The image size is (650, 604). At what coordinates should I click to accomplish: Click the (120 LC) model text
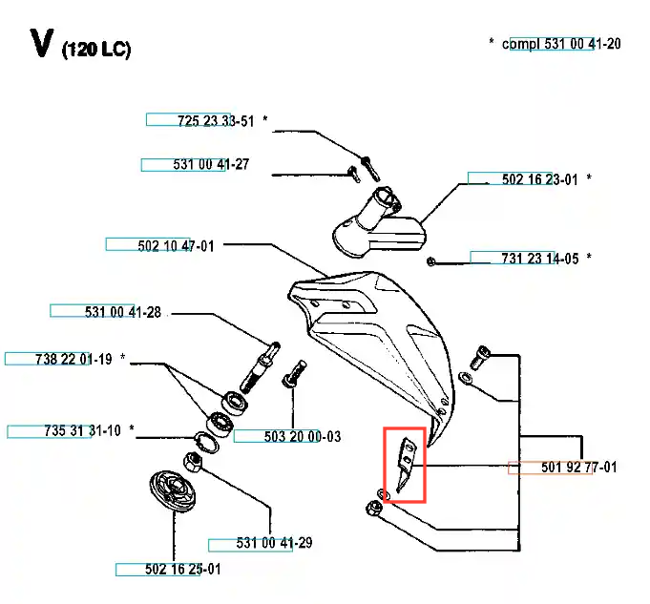(95, 50)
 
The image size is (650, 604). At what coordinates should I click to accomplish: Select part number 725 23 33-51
(216, 120)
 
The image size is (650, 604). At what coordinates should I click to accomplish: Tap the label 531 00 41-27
(211, 164)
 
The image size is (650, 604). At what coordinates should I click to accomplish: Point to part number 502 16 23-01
(540, 178)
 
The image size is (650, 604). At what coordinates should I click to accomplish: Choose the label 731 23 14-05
(540, 258)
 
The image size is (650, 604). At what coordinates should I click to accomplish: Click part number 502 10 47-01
(176, 245)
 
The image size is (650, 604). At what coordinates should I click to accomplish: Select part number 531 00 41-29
(274, 543)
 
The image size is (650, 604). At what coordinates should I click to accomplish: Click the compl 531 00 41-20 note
(561, 43)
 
